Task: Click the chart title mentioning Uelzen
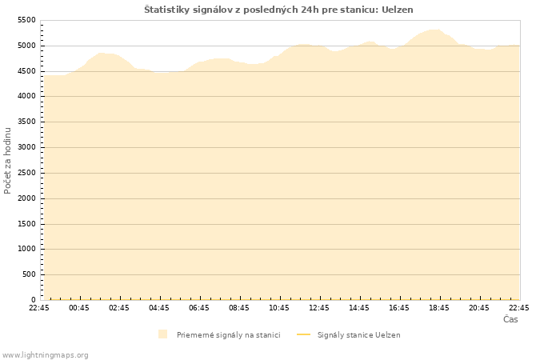point(278,10)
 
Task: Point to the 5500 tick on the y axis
point(26,20)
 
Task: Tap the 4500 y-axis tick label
point(26,71)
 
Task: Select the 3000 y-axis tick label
point(26,147)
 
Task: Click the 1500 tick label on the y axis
point(26,224)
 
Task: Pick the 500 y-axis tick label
point(29,274)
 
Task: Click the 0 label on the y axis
point(34,300)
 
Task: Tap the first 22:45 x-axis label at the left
point(39,308)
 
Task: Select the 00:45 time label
point(79,308)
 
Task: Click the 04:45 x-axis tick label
point(159,308)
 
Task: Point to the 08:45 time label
point(239,308)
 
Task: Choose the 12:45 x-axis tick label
point(319,308)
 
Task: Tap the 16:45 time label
point(399,308)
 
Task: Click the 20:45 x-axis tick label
point(479,308)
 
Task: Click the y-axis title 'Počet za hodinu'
point(9,160)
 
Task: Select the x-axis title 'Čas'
point(510,320)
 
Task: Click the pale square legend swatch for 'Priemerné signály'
point(163,334)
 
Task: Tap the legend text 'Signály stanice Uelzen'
point(358,335)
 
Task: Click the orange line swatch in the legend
point(302,334)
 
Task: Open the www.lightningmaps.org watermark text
point(46,355)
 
